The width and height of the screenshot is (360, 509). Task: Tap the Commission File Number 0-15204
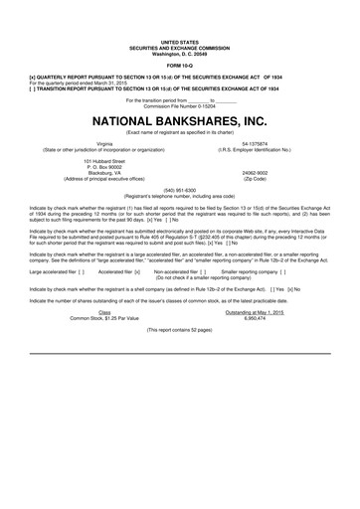pos(179,105)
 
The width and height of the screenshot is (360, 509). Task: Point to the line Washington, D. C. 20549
pos(179,53)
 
